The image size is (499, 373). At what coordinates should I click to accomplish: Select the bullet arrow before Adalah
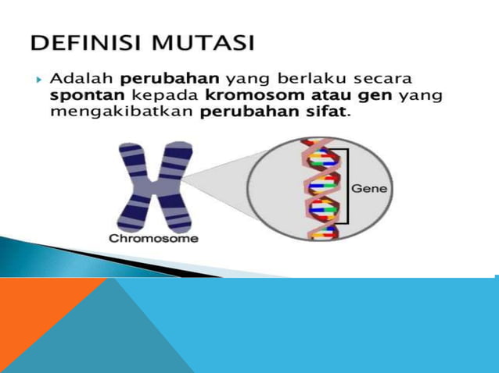click(37, 80)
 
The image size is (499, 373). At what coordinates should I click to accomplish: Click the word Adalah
click(81, 80)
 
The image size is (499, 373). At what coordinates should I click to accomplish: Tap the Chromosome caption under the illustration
click(153, 238)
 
